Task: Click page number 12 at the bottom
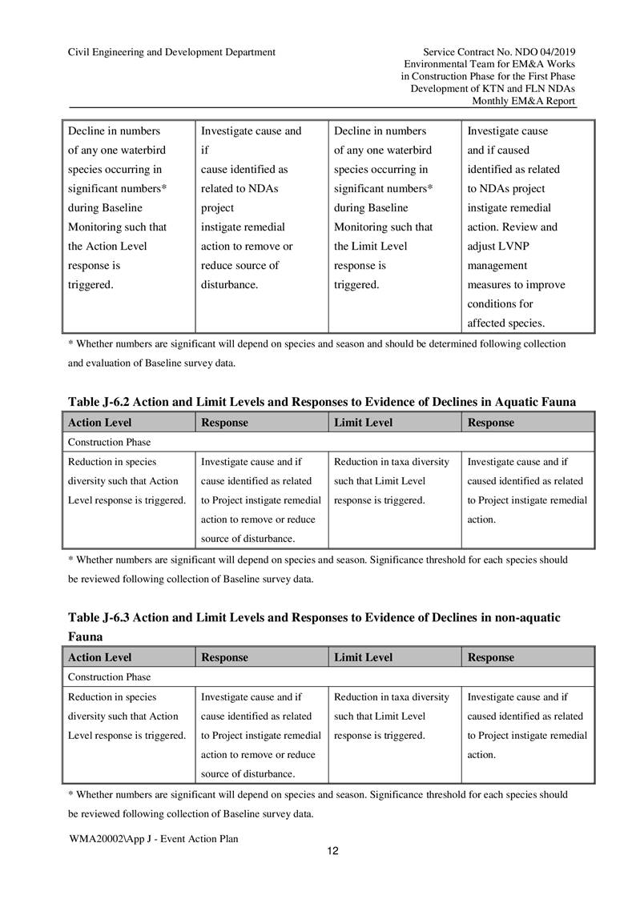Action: click(x=333, y=850)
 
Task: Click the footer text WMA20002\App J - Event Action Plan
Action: click(x=154, y=837)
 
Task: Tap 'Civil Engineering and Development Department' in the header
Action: click(x=172, y=52)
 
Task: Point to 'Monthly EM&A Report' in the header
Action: click(x=524, y=102)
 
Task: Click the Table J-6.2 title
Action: click(x=322, y=401)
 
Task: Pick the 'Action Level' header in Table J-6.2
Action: click(x=100, y=422)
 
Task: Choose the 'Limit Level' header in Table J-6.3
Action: click(x=364, y=657)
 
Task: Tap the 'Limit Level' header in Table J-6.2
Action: click(x=364, y=422)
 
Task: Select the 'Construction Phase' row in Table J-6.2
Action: click(x=109, y=442)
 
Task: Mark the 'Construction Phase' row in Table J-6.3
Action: click(x=109, y=677)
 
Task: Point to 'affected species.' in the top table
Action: click(x=506, y=323)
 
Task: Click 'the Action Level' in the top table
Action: click(x=107, y=246)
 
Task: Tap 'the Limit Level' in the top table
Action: click(x=371, y=246)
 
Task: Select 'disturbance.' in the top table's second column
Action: click(x=229, y=284)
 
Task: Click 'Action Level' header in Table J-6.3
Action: click(x=100, y=657)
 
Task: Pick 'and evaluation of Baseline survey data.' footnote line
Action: click(x=151, y=362)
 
